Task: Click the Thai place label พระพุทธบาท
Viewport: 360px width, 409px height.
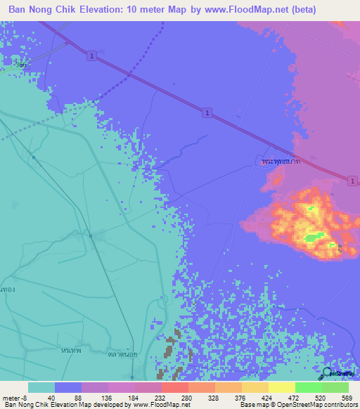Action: (281, 162)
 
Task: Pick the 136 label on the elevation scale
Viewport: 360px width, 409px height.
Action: (109, 397)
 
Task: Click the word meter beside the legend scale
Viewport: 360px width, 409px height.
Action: (10, 397)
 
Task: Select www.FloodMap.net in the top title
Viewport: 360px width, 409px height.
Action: (246, 10)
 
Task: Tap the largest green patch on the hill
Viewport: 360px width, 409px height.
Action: (314, 236)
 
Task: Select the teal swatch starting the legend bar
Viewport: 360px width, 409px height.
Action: (41, 387)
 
